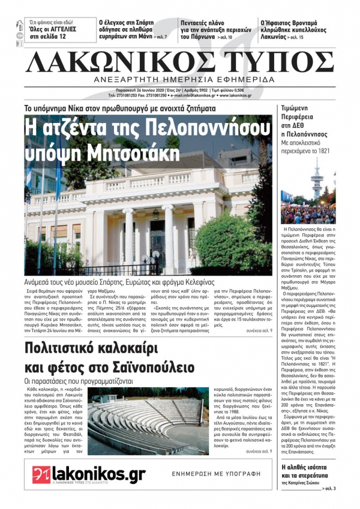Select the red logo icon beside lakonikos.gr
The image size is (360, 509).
pyautogui.click(x=41, y=474)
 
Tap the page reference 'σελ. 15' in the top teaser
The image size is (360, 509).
pyautogui.click(x=296, y=37)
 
